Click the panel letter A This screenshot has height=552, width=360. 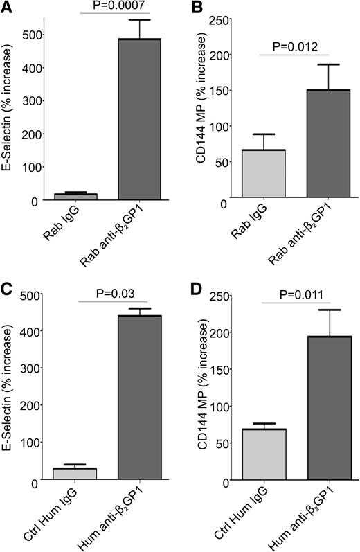[8, 8]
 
